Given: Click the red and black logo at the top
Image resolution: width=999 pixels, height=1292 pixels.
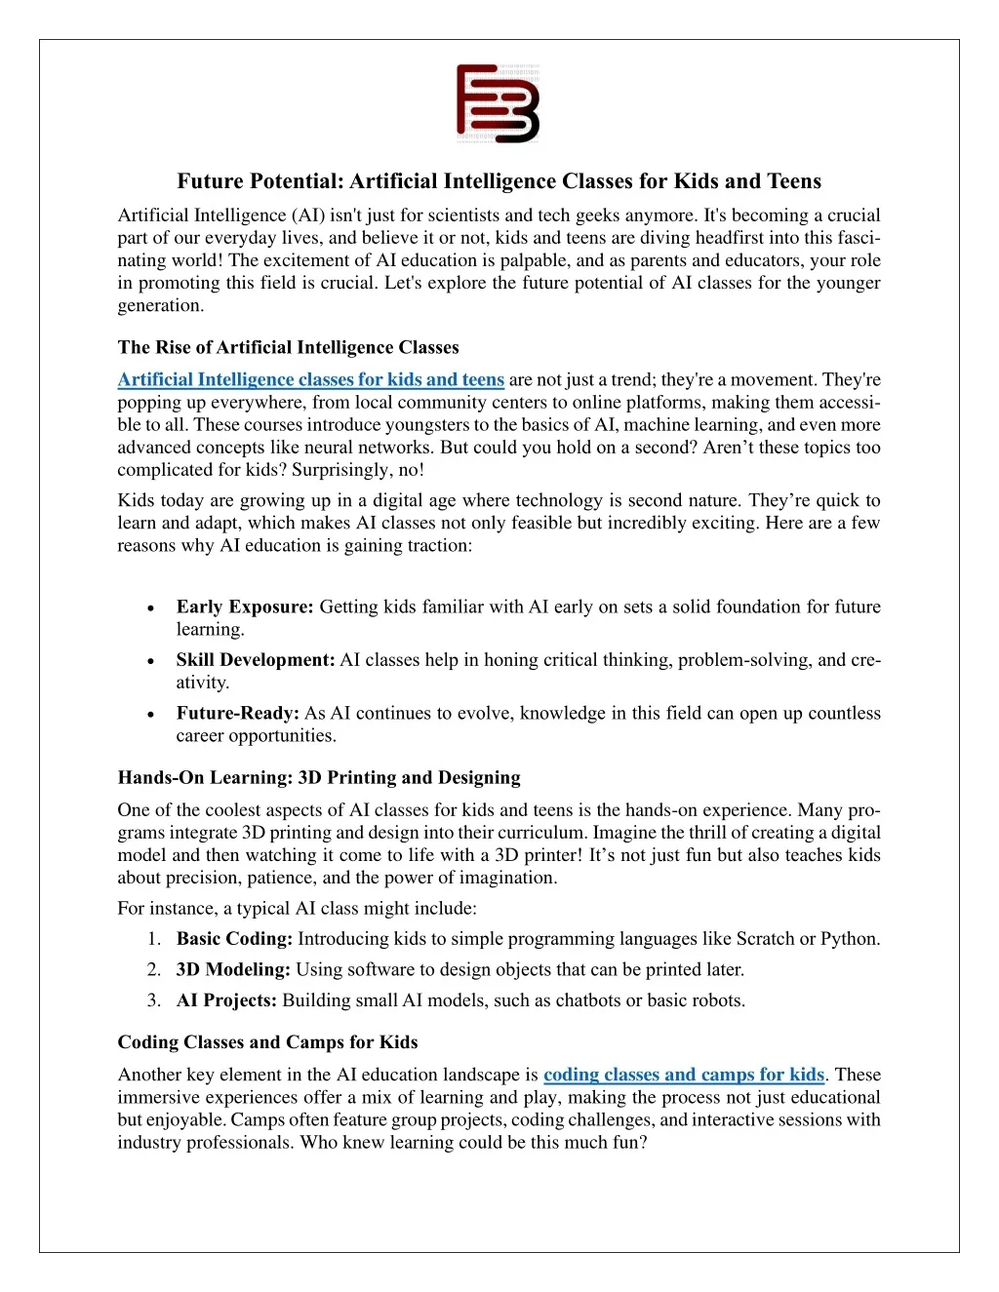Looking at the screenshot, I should [x=498, y=103].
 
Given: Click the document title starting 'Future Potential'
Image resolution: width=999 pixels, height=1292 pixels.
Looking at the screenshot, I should [x=499, y=181].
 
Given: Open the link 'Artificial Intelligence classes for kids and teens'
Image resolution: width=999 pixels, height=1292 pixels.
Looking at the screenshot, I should [x=310, y=379].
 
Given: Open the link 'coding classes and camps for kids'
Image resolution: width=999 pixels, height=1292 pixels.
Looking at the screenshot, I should [x=683, y=1075].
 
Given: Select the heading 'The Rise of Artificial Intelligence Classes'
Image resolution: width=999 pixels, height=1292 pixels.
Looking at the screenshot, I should [x=288, y=347].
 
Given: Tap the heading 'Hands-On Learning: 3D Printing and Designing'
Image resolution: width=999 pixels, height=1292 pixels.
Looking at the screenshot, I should [x=319, y=777].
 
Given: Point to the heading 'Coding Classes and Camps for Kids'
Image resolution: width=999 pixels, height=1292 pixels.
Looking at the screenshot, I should [x=267, y=1041].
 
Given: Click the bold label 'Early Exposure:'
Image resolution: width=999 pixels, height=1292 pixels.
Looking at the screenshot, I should [x=245, y=607].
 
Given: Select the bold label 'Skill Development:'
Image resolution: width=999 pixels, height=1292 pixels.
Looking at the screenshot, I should [x=256, y=660].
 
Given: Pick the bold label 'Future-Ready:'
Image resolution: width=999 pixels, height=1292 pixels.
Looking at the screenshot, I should [x=237, y=713].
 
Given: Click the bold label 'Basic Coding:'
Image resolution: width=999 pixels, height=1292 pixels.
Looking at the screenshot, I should [x=234, y=939].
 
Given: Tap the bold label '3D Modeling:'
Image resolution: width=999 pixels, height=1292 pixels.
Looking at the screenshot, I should [x=233, y=969].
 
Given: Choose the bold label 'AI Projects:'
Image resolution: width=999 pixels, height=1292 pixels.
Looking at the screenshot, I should [x=226, y=1000].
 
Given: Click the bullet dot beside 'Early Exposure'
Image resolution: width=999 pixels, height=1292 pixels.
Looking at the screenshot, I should [x=150, y=607].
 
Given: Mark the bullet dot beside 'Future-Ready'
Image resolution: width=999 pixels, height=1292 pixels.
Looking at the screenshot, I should [x=150, y=714].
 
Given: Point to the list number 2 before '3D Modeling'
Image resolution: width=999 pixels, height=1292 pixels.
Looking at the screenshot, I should [x=153, y=969].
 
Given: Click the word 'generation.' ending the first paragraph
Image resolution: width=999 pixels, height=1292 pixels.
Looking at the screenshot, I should [x=161, y=305].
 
